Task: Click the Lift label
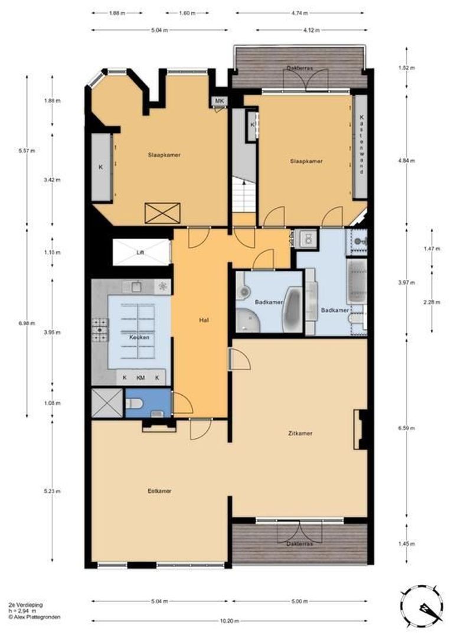click(140, 253)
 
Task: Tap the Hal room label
click(201, 320)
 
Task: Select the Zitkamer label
click(301, 434)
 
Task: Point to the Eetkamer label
click(159, 490)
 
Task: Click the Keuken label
click(139, 337)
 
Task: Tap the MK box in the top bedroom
click(220, 101)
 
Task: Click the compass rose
click(423, 606)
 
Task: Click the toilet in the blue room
click(135, 404)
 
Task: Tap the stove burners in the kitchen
click(100, 330)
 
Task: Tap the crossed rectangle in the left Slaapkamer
click(162, 212)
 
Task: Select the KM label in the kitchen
click(140, 377)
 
